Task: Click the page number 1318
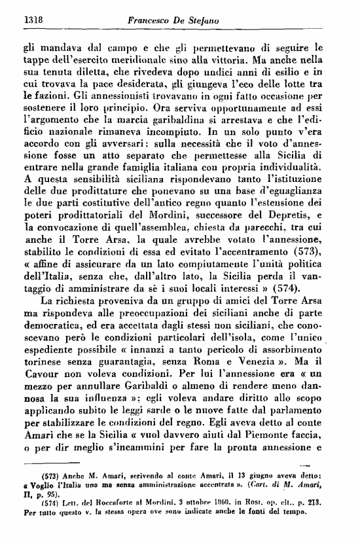pos(24,21)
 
